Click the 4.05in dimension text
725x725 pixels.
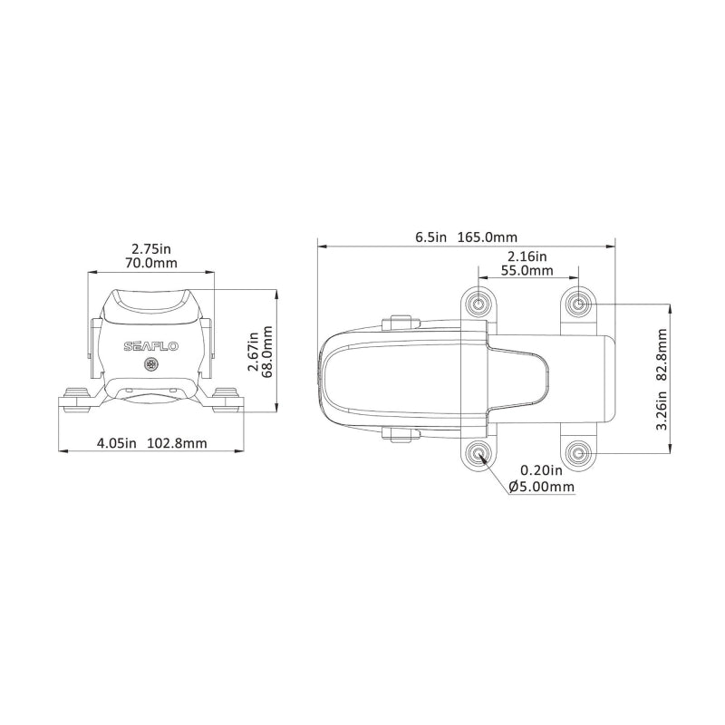[117, 443]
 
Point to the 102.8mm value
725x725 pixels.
[179, 443]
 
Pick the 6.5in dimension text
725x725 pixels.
[431, 237]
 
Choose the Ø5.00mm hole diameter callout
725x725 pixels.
[542, 487]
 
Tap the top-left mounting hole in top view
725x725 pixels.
[478, 303]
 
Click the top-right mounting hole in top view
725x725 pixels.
[579, 303]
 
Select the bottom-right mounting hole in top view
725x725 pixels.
[579, 452]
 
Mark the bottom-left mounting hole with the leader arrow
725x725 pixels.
[478, 452]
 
